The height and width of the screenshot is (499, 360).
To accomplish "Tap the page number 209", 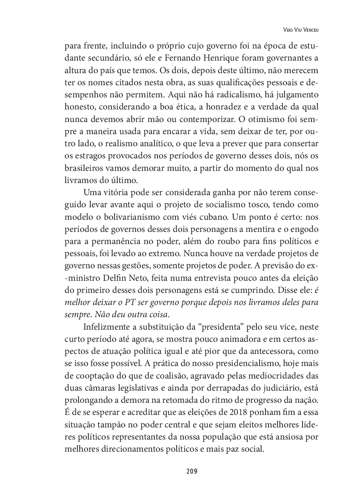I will [192, 471].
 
